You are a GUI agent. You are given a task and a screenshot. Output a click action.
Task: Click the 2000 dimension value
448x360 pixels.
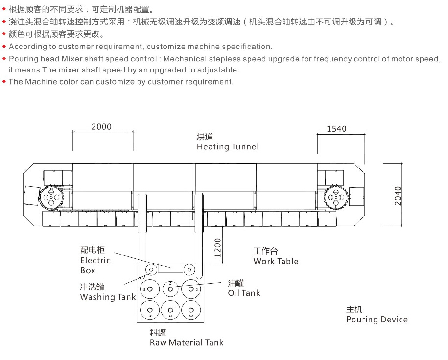101,126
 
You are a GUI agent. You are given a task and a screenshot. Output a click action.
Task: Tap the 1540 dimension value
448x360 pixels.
336,129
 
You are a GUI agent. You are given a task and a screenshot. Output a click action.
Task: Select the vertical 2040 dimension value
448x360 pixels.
398,196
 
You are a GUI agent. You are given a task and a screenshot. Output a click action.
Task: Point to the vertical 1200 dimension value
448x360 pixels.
218,248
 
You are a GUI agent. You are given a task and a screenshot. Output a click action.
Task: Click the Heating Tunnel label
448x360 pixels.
228,147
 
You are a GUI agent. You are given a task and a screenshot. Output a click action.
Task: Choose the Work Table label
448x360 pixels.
276,261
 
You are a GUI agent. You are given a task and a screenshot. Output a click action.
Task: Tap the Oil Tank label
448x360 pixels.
244,293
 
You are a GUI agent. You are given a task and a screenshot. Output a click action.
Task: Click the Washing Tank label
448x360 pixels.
108,297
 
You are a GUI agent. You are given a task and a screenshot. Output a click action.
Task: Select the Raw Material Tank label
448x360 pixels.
187,342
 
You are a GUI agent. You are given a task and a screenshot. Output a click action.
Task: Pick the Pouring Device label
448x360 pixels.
377,319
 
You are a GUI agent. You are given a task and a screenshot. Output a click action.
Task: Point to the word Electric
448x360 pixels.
95,260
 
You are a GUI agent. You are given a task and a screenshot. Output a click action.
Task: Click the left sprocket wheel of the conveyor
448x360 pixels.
51,197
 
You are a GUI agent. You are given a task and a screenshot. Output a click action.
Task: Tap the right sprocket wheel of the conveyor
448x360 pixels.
336,197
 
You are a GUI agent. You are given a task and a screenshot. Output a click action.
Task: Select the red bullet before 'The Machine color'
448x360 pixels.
4,82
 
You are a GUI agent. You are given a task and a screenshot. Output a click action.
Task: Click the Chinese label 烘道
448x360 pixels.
205,136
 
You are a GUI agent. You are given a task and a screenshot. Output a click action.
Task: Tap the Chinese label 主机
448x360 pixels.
354,309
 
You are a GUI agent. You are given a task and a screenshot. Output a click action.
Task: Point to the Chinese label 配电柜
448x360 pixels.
93,250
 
